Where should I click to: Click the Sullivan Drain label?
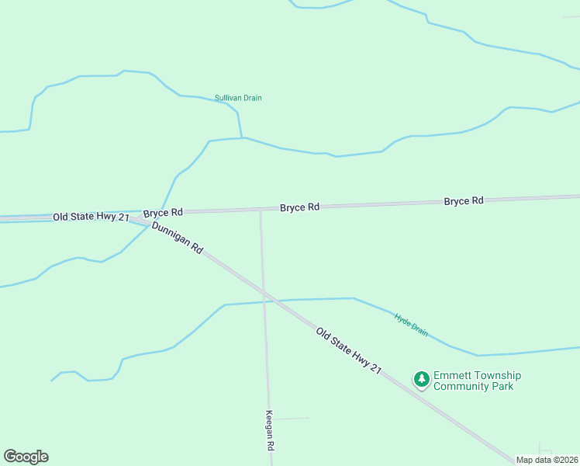click(238, 98)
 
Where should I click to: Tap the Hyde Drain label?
click(411, 324)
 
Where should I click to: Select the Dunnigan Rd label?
click(178, 238)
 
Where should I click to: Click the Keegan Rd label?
click(270, 432)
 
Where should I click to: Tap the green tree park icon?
click(421, 379)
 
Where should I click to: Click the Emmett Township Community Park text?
click(477, 381)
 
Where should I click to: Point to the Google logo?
click(26, 457)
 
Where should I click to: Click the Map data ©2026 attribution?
click(547, 460)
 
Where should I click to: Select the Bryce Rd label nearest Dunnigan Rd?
click(163, 212)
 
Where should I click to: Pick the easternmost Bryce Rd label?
click(464, 200)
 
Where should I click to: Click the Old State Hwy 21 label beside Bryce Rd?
click(91, 217)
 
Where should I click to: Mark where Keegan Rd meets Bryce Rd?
click(261, 210)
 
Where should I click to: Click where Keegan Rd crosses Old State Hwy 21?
click(264, 294)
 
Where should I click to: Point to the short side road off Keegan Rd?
click(291, 419)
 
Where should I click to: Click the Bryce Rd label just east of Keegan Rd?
click(299, 207)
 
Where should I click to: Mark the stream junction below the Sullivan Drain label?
click(242, 138)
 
